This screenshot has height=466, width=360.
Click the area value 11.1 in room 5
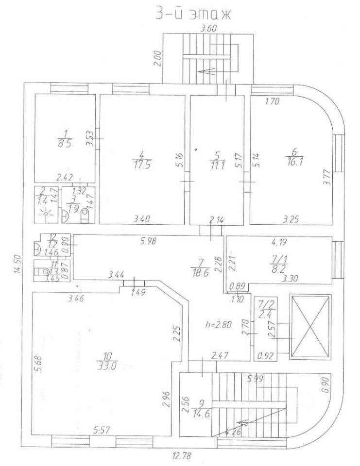[217, 164]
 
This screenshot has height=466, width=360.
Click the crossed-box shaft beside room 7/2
[309, 326]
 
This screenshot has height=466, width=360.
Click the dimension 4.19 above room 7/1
[280, 240]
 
